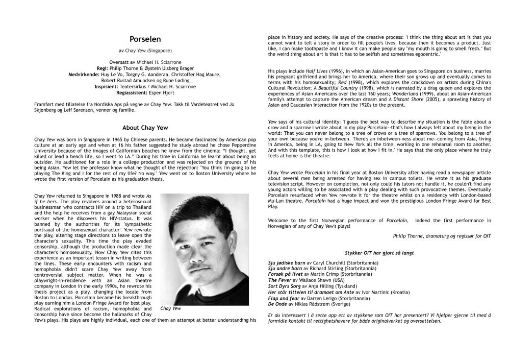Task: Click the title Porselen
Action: tap(145, 39)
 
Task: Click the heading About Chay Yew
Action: tap(145, 128)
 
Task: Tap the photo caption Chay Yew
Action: tap(171, 308)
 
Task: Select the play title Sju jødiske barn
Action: tap(287, 262)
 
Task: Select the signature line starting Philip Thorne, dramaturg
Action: tap(442, 236)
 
